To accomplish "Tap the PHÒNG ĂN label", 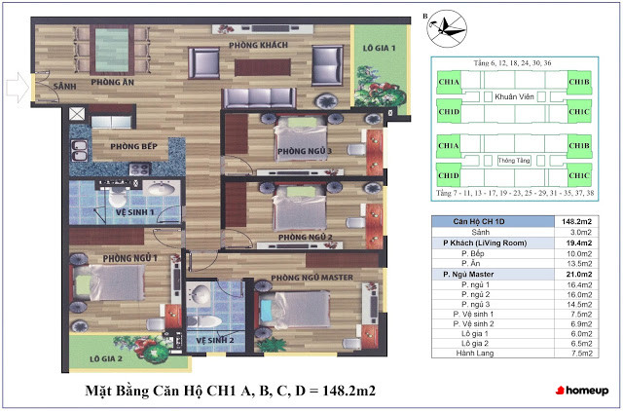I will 113,83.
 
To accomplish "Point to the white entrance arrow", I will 16,90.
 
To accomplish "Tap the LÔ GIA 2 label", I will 104,358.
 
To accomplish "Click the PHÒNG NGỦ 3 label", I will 305,151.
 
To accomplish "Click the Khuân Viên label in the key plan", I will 515,97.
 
